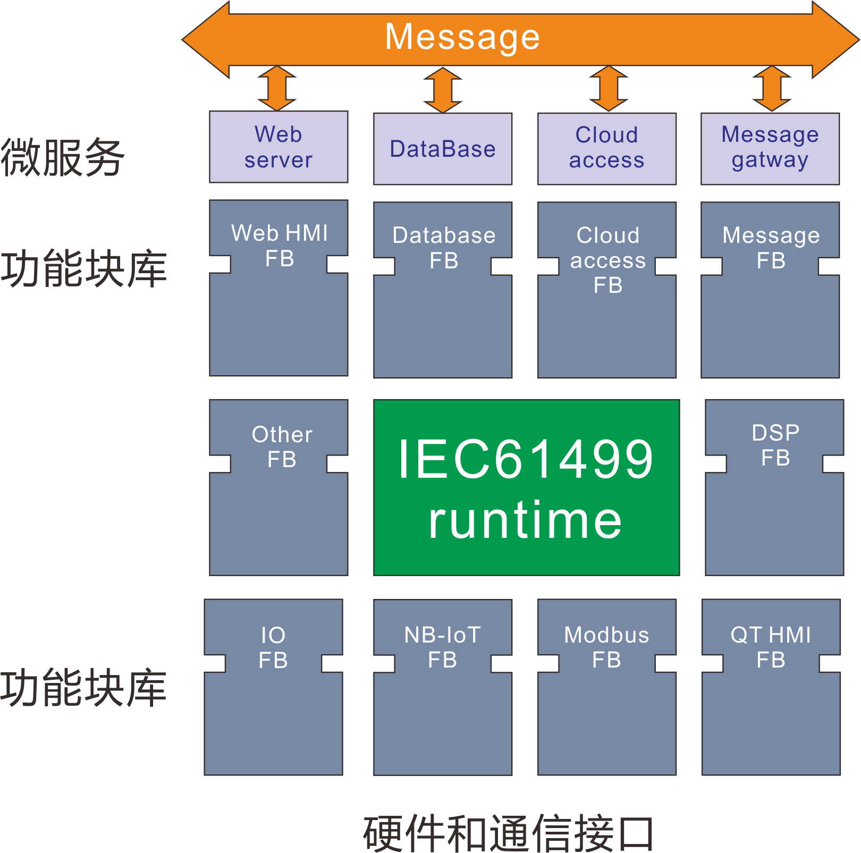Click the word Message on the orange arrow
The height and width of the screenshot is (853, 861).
point(462,38)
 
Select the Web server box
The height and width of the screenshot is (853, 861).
point(278,147)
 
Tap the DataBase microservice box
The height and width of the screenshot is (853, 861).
point(442,149)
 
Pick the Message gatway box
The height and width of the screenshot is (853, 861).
point(770,148)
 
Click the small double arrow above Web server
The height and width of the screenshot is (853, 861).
point(277,88)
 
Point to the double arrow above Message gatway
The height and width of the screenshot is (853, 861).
point(772,88)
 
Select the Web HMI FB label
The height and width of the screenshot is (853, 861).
point(280,246)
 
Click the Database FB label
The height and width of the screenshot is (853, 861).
point(444,248)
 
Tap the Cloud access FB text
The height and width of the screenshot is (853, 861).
point(607,260)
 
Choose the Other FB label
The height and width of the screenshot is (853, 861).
point(282,447)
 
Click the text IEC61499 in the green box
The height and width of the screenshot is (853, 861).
point(526,459)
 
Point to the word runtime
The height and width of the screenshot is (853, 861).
point(526,520)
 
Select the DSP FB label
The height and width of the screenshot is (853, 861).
point(775,445)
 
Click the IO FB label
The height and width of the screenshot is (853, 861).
point(273,647)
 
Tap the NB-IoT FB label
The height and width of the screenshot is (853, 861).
point(442,647)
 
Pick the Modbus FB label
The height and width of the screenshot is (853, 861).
point(606,647)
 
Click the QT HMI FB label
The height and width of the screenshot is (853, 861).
point(771,647)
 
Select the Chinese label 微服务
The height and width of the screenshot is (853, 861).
point(63,157)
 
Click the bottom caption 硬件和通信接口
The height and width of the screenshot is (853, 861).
point(508,833)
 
